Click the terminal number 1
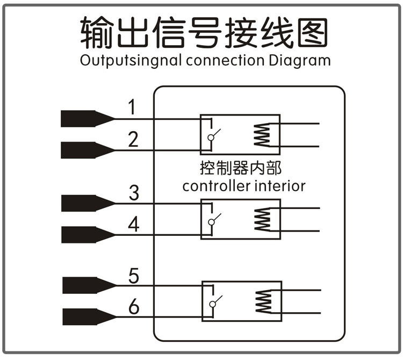point(132,108)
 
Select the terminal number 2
point(133,139)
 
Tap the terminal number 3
point(133,192)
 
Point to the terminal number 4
point(133,224)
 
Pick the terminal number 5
point(134,276)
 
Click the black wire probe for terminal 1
point(86,119)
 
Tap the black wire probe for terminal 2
point(86,149)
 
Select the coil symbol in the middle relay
point(263,219)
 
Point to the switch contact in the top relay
point(212,136)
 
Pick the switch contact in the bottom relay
point(214,303)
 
